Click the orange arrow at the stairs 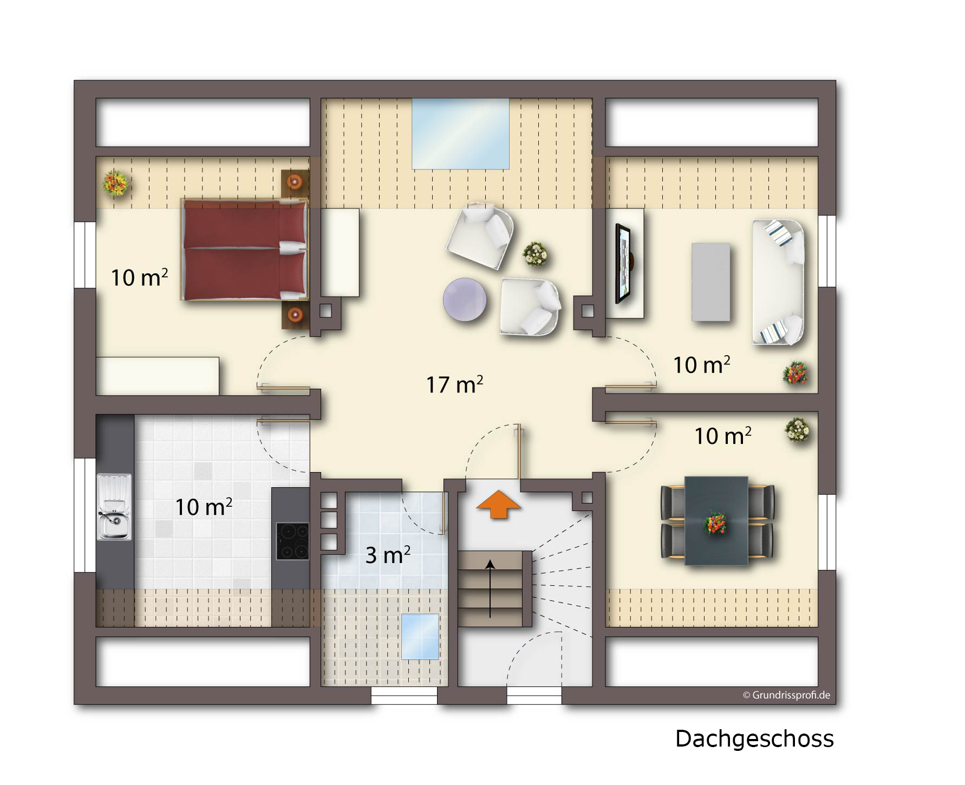[x=498, y=503]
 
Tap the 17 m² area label [x=454, y=384]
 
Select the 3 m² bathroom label [x=388, y=555]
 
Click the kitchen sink [x=114, y=507]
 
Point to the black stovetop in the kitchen [x=292, y=541]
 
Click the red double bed [x=244, y=250]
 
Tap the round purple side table [x=465, y=299]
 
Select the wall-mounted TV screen [x=623, y=264]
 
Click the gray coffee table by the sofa [x=711, y=282]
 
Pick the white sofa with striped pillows [x=778, y=282]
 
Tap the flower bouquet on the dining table [x=715, y=524]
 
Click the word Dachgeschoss [x=754, y=739]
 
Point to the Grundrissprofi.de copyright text [x=786, y=695]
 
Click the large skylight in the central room [x=460, y=134]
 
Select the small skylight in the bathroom [x=420, y=637]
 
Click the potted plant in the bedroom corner [x=116, y=183]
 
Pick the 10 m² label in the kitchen [x=204, y=507]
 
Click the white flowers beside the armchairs [x=535, y=254]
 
